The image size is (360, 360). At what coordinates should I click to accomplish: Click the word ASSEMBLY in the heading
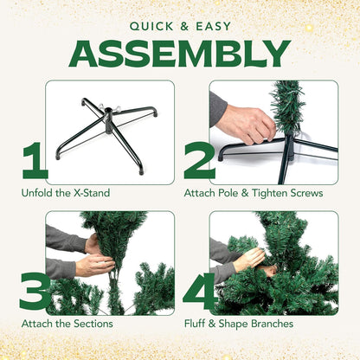point(179,54)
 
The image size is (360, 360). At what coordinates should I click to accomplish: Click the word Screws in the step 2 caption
point(305,192)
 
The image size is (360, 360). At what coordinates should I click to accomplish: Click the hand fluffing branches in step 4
point(249,257)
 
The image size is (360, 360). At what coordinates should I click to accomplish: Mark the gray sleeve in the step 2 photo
point(217,109)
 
